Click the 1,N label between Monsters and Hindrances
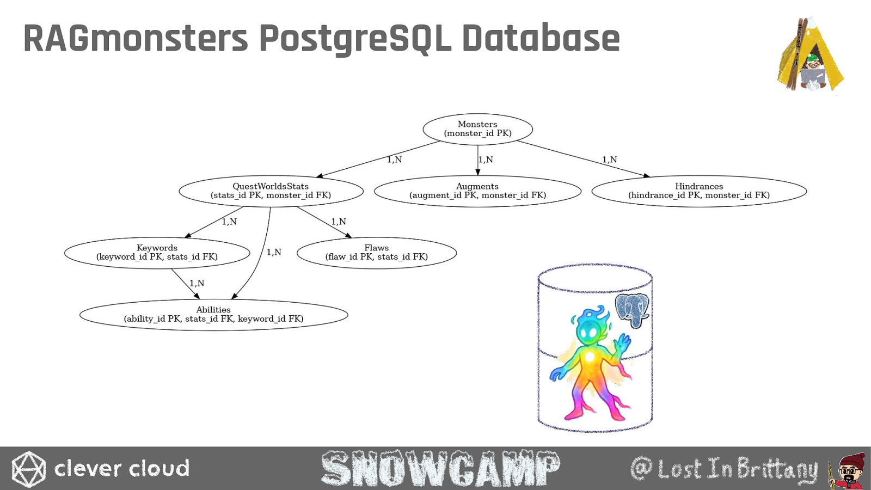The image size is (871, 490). pos(609,160)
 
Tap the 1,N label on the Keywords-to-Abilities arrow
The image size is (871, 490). pos(197,283)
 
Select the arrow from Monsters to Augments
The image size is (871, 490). pos(478,160)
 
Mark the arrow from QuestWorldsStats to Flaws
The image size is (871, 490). pos(324,222)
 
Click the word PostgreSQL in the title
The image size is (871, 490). pos(355,39)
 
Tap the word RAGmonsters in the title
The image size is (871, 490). pos(136,38)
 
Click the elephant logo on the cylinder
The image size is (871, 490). pos(632,310)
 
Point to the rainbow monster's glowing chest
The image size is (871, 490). pos(590,357)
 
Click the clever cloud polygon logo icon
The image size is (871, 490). pos(28,469)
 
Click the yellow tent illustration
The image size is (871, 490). pos(810,54)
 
